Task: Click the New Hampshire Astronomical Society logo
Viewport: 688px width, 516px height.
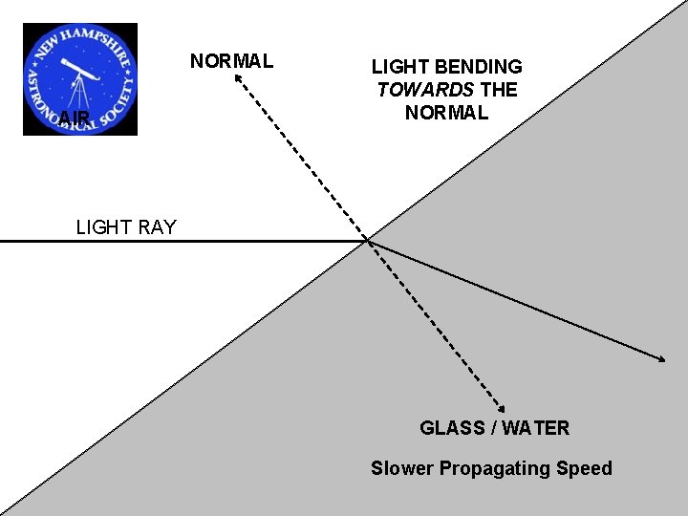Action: click(80, 79)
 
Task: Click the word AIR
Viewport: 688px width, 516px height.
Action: click(73, 118)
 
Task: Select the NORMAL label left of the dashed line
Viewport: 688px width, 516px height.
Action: click(231, 62)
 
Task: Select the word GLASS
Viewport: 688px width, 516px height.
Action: click(451, 428)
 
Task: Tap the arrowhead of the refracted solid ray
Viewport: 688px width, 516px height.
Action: click(662, 358)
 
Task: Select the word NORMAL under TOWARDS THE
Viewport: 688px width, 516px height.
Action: click(446, 113)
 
